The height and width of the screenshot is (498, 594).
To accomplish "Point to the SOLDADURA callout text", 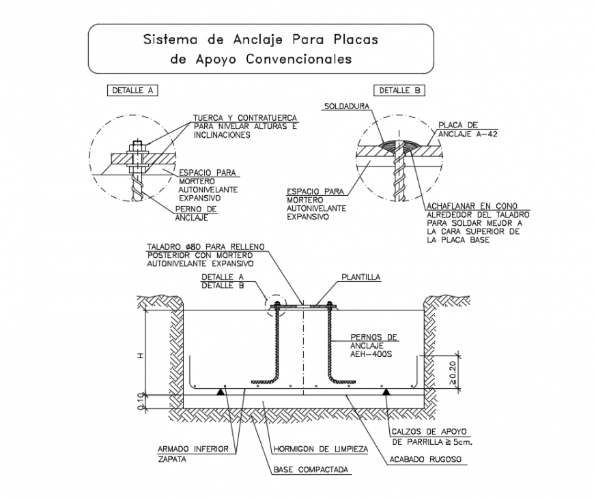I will click(x=347, y=106).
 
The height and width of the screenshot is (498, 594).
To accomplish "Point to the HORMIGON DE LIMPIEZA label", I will click(x=320, y=450).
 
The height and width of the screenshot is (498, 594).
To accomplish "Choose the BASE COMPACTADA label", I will click(x=311, y=470).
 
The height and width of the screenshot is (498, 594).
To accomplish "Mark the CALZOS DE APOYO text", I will click(x=428, y=432).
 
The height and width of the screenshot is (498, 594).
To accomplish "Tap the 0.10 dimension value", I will click(x=140, y=402).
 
